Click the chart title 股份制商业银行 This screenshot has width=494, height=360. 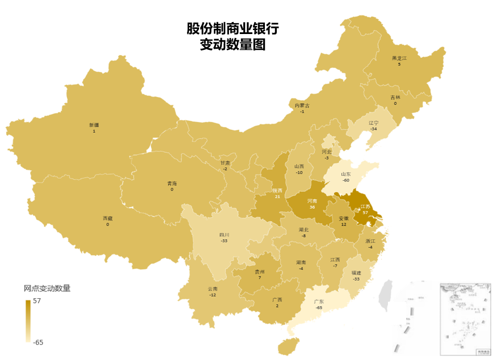tap(233, 28)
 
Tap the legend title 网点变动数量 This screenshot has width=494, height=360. tap(47, 288)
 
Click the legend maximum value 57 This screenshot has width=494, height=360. tap(36, 302)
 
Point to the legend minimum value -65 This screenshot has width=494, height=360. tap(39, 342)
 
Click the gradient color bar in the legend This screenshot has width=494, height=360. tap(28, 321)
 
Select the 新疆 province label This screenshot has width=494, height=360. tap(94, 125)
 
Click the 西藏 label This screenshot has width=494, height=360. tap(107, 218)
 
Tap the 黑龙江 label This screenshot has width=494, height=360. tap(399, 58)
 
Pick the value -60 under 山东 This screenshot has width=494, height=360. tap(345, 180)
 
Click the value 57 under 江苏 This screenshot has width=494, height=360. tap(365, 213)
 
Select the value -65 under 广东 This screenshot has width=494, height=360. tap(319, 307)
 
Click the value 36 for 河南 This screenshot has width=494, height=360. tap(312, 207)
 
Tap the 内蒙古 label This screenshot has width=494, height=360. tap(302, 105)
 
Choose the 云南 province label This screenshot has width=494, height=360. tap(213, 289)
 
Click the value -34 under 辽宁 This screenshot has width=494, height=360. tap(373, 129)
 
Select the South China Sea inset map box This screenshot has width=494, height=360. tap(466, 318)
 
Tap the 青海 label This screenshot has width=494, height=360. tap(172, 183)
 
